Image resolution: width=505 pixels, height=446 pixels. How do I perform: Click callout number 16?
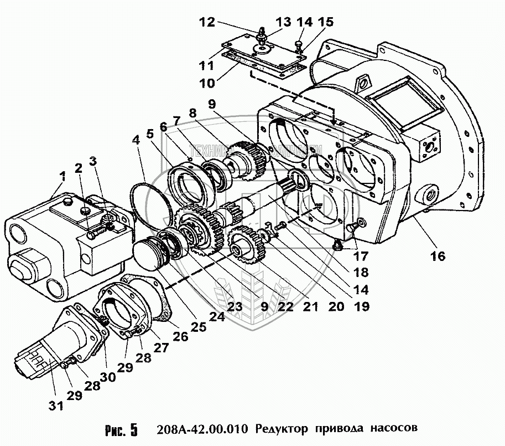437,256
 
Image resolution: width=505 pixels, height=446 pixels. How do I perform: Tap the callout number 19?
362,305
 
